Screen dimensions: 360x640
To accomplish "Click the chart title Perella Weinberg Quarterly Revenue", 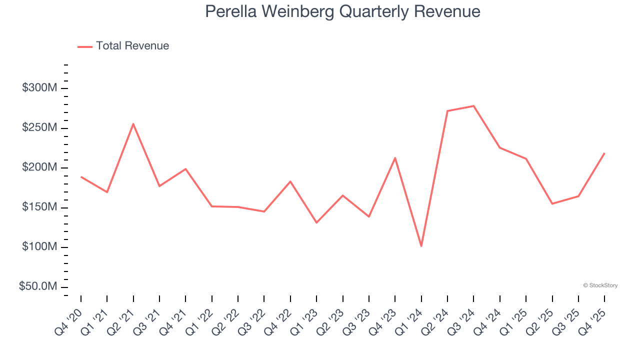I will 342,11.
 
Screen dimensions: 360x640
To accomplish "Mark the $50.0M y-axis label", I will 38,286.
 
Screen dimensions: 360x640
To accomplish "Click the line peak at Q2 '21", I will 133,123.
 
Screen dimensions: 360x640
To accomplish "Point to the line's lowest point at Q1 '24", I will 421,246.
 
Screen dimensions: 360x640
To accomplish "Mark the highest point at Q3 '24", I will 473,106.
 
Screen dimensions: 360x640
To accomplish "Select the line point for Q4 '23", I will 395,158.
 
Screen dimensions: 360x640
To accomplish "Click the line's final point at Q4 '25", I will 604,153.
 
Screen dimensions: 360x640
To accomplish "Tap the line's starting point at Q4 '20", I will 81,176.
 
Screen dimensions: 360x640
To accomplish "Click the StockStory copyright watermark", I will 600,285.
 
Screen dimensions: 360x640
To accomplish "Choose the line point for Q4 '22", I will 290,181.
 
